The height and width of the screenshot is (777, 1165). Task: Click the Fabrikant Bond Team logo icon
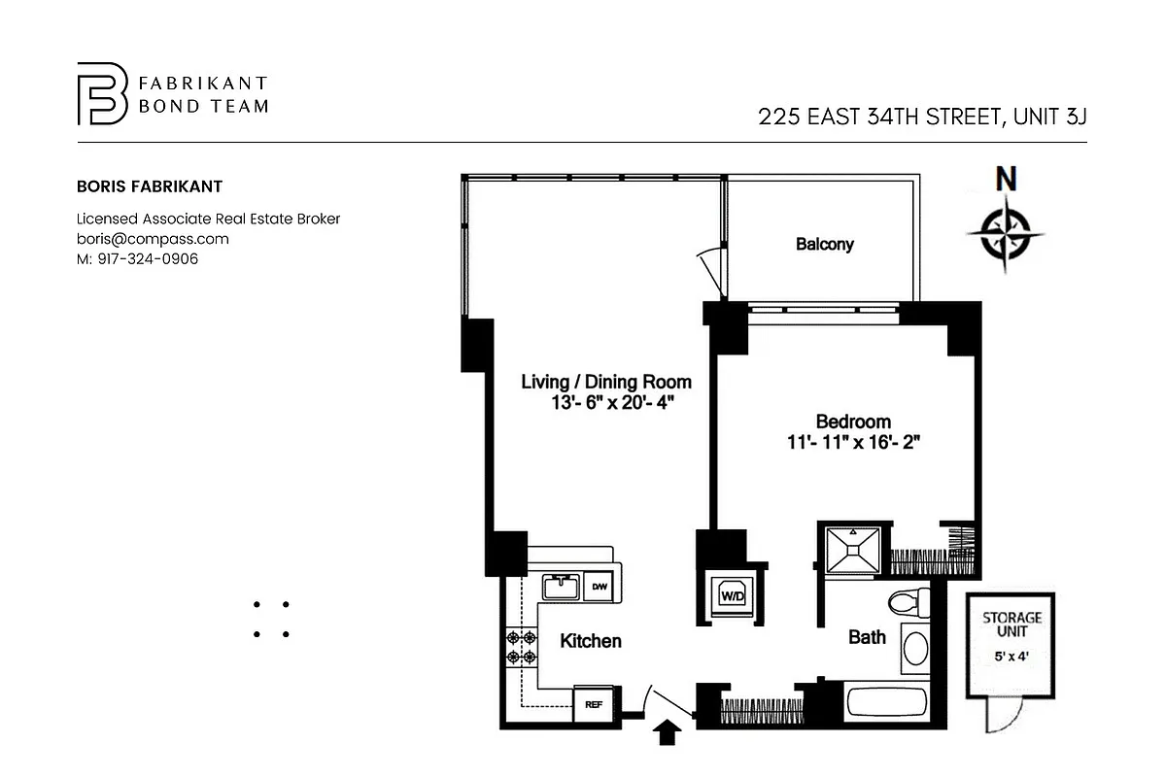102,94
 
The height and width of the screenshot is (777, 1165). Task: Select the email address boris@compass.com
153,239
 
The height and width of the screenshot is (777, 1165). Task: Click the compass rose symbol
1006,233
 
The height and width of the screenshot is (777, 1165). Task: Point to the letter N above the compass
1007,180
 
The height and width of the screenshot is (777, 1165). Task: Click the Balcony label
824,244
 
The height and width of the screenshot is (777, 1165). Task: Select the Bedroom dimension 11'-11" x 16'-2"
853,443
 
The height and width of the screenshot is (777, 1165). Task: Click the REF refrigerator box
592,705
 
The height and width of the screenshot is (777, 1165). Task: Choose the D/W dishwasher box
600,587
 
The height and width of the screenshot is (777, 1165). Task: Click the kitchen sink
561,588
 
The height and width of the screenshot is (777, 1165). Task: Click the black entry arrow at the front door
667,732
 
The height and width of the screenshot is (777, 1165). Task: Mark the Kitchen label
590,641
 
